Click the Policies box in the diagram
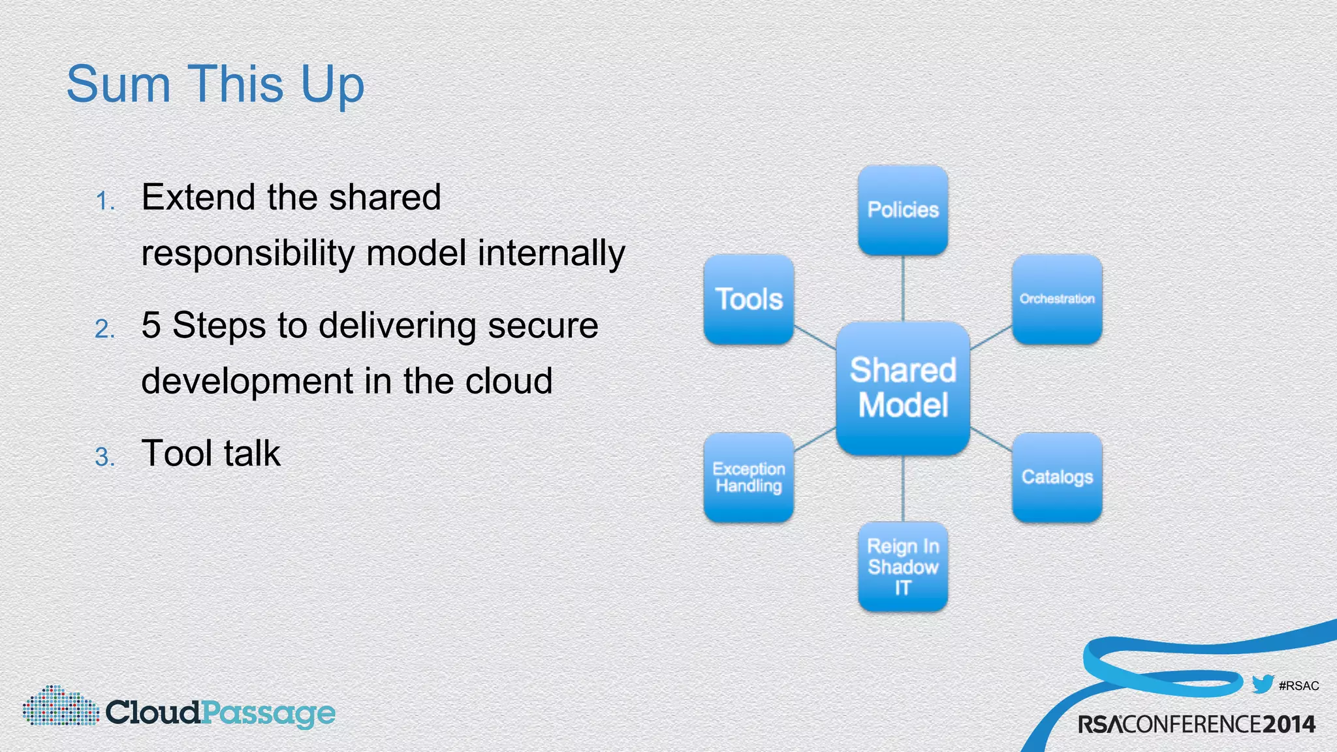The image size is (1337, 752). pyautogui.click(x=902, y=210)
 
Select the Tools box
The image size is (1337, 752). pyautogui.click(x=749, y=299)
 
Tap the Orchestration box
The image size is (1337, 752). pyautogui.click(x=1057, y=299)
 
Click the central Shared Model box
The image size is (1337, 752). pyautogui.click(x=902, y=388)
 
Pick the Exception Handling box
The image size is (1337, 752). pyautogui.click(x=749, y=477)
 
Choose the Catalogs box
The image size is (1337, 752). pyautogui.click(x=1057, y=477)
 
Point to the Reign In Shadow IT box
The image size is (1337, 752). pyautogui.click(x=902, y=566)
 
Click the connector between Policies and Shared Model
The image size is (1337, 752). pyautogui.click(x=903, y=288)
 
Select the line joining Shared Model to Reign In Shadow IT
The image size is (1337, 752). pyautogui.click(x=903, y=488)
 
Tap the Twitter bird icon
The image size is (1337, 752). pyautogui.click(x=1263, y=684)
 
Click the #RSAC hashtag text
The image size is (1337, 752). pyautogui.click(x=1298, y=685)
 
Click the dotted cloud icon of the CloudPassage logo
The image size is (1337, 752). pyautogui.click(x=60, y=706)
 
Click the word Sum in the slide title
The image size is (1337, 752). pyautogui.click(x=118, y=84)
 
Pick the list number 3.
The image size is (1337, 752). pyautogui.click(x=104, y=457)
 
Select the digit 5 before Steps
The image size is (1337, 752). pyautogui.click(x=151, y=325)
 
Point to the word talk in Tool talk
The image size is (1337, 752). pyautogui.click(x=252, y=453)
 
